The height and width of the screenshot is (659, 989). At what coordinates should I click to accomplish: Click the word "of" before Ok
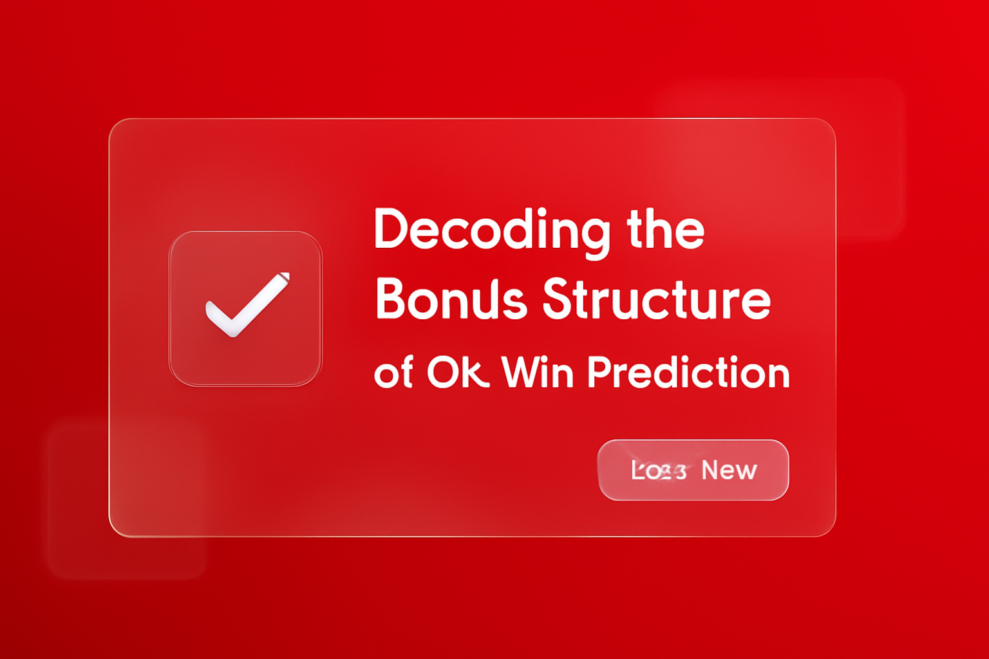click(393, 373)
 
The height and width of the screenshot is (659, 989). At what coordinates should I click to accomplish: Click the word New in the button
click(729, 470)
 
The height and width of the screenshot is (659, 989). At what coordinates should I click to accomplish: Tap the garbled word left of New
click(658, 470)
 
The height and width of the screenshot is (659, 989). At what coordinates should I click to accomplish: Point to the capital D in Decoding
click(390, 229)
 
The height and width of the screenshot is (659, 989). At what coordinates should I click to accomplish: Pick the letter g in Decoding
click(595, 236)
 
